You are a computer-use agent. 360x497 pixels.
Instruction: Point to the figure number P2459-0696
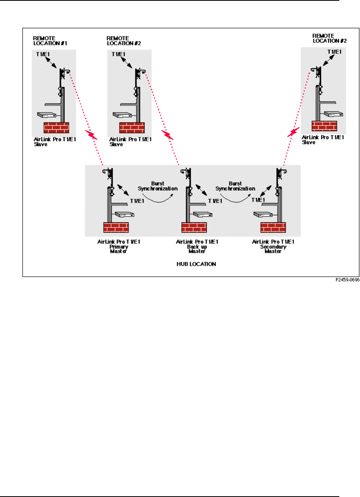tap(346, 280)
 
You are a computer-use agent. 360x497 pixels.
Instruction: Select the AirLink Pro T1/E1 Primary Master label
tap(119, 246)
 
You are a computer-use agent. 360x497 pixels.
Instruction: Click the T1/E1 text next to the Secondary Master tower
tap(258, 200)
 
